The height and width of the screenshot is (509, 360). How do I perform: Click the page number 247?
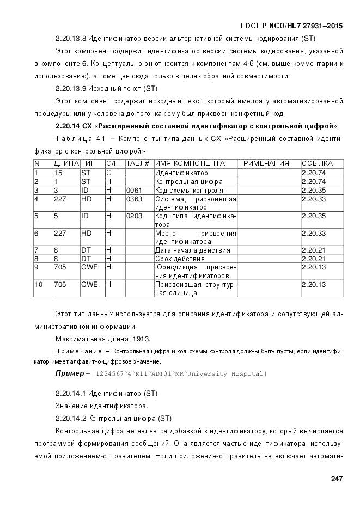pos(336,479)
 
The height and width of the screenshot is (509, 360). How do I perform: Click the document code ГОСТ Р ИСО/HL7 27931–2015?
pos(291,26)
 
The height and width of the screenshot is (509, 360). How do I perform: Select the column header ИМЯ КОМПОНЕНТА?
pos(190,164)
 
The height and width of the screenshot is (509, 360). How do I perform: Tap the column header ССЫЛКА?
pos(317,164)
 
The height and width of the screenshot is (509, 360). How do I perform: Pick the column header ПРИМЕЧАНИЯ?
pos(264,164)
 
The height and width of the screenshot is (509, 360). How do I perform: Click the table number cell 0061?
pos(134,191)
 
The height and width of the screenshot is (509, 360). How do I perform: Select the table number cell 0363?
pos(134,199)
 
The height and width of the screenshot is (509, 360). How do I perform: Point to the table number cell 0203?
pos(134,216)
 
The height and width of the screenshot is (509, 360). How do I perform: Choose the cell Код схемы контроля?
pos(189,191)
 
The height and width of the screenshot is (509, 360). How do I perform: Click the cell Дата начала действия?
pos(192,250)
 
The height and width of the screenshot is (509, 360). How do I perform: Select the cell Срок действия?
pos(180,259)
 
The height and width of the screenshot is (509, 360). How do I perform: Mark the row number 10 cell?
pos(38,285)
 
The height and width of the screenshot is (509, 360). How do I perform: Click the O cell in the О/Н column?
pos(109,173)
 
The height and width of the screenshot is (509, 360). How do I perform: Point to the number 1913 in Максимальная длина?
pos(126,339)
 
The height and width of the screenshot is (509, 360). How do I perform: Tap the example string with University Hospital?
pos(179,374)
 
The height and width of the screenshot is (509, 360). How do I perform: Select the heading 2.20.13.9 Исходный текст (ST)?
pos(99,88)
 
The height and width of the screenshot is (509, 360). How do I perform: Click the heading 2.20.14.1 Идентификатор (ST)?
pos(99,393)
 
